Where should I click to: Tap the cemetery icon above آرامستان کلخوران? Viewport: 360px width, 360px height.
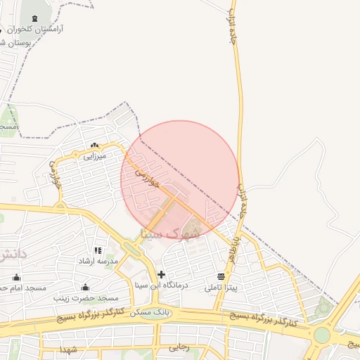[x=35, y=18]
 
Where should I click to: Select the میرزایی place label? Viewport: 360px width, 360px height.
[x=94, y=156]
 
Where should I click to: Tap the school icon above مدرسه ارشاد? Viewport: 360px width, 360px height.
[x=98, y=250]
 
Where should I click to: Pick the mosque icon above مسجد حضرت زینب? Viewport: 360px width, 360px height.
[x=86, y=287]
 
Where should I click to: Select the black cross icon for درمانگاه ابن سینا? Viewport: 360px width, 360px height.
[x=162, y=274]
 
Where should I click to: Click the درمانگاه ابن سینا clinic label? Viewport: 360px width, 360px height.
[x=162, y=286]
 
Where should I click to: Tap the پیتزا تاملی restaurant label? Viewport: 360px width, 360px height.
[x=221, y=288]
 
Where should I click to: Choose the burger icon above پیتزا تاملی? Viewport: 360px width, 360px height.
[x=221, y=276]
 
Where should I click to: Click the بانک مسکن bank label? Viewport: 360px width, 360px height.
[x=168, y=311]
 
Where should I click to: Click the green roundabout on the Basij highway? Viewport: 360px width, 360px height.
[x=321, y=335]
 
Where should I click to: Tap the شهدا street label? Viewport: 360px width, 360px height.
[x=67, y=349]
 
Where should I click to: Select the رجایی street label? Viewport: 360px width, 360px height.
[x=179, y=347]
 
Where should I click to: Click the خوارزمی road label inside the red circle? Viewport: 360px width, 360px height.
[x=145, y=172]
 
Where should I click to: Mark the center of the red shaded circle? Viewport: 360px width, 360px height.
[x=180, y=180]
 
